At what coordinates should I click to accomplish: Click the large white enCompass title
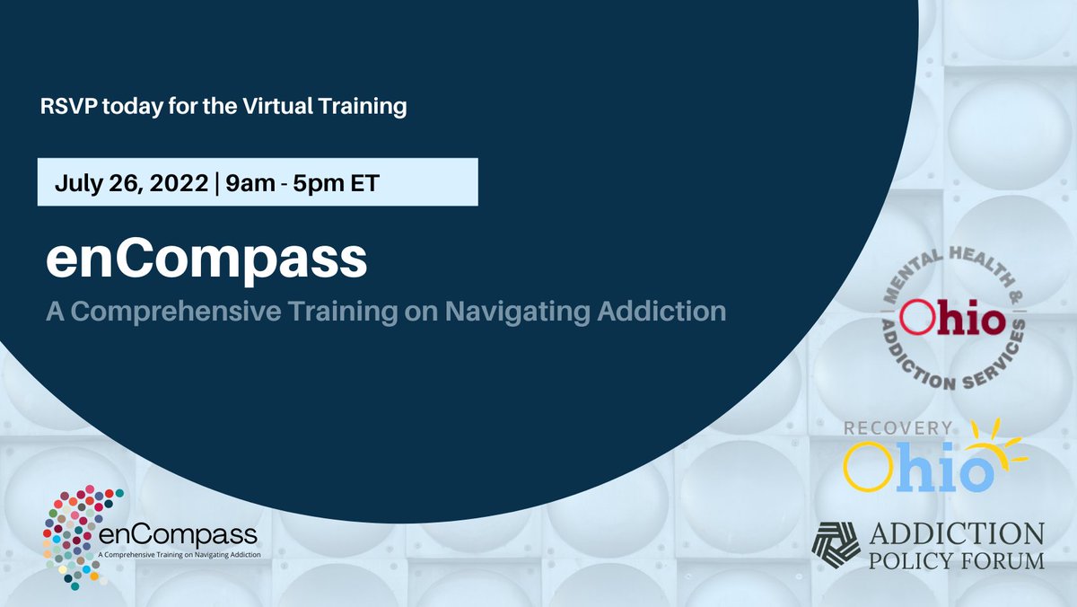pos(206,260)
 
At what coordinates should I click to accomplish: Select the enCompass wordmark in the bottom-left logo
pos(179,537)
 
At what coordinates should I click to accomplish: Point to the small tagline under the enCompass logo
pos(179,556)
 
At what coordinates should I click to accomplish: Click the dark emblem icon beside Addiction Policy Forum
pos(836,545)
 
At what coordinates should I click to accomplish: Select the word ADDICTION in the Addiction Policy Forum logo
pos(958,535)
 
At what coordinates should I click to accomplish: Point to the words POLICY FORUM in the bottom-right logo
pos(958,561)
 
